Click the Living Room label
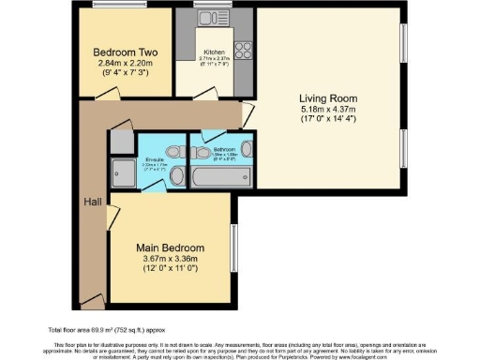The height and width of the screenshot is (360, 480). pos(325,97)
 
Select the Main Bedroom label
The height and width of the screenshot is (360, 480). pos(171,247)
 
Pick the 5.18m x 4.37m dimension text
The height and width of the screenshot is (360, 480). pos(324,110)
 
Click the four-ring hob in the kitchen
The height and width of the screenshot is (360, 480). pos(242,49)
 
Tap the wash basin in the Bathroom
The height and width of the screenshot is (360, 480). pos(245,148)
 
